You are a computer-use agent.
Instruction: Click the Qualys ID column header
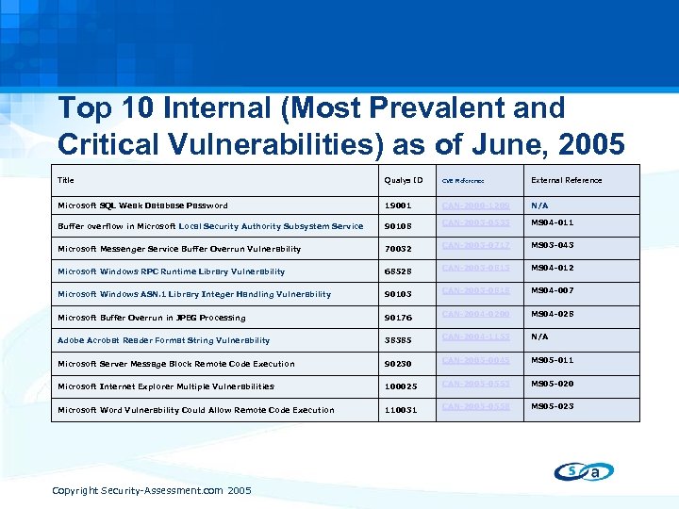(x=404, y=180)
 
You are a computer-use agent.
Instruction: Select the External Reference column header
(x=566, y=180)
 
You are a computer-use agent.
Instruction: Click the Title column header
(x=66, y=180)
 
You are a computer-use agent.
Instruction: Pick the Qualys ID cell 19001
(x=399, y=205)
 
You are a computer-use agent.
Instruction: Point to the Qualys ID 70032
(x=399, y=250)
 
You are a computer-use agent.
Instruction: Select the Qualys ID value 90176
(x=399, y=318)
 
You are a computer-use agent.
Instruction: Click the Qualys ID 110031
(x=402, y=410)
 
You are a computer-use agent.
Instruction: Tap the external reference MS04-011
(x=552, y=222)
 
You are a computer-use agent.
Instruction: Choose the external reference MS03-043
(x=552, y=245)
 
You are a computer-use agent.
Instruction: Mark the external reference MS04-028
(x=552, y=314)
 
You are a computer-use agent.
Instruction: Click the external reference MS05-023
(x=552, y=406)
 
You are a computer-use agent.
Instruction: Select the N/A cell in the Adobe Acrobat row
(x=539, y=337)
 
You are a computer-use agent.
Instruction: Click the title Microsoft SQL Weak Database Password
(x=142, y=205)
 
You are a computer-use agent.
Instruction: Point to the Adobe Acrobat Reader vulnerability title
(x=163, y=340)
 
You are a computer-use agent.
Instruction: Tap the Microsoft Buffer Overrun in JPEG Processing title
(x=151, y=318)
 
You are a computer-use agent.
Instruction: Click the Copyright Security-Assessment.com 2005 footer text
(x=151, y=490)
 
